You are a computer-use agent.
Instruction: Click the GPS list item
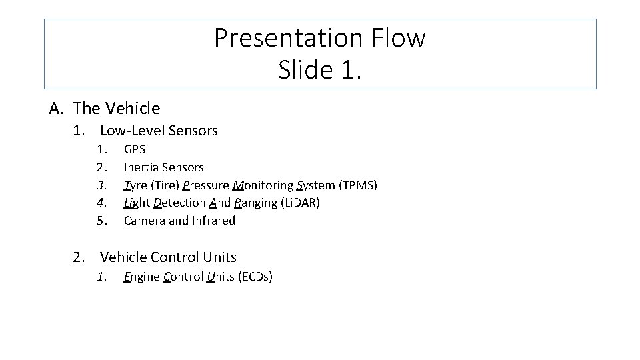coord(135,149)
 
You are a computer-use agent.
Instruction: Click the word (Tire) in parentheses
coord(166,185)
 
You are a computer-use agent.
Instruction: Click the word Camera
coord(145,221)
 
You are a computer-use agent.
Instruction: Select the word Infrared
coord(214,221)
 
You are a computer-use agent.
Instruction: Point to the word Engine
coord(142,277)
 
